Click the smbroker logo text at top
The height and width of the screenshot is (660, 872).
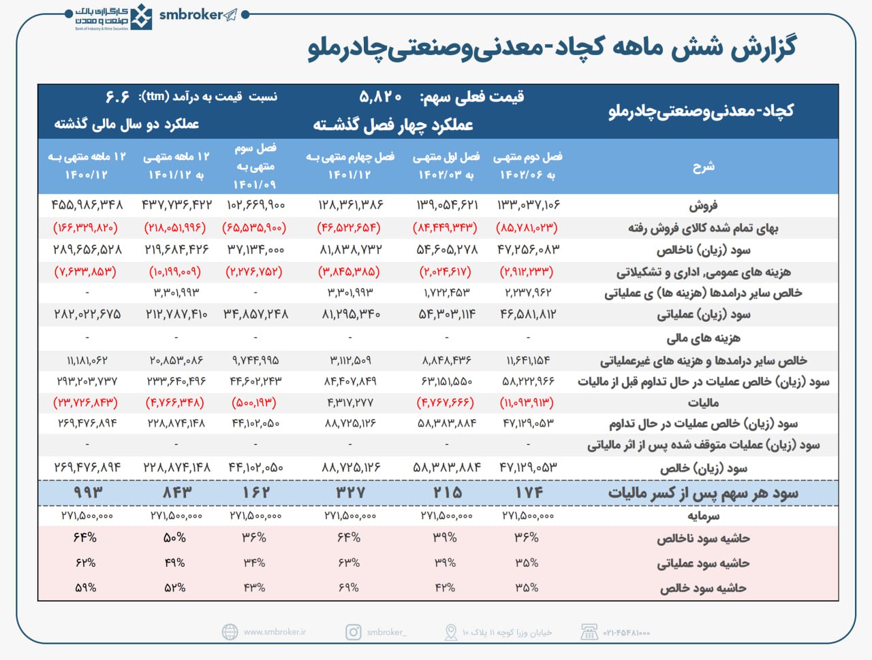[x=191, y=14]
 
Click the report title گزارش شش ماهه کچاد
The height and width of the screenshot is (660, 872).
[x=552, y=48]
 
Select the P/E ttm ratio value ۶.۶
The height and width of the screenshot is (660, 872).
[x=117, y=97]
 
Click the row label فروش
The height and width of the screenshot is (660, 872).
[x=703, y=205]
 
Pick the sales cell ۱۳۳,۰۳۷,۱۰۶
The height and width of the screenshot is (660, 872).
[x=528, y=205]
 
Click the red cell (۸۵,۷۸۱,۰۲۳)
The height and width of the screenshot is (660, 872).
[x=527, y=227]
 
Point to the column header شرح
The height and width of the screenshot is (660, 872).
[x=703, y=166]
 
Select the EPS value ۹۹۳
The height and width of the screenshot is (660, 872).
[x=88, y=492]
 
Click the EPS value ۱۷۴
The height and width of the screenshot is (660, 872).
[x=529, y=492]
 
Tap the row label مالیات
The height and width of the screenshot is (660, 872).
[x=703, y=403]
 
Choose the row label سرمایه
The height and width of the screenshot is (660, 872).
[x=703, y=516]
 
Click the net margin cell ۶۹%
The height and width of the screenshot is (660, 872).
[x=349, y=587]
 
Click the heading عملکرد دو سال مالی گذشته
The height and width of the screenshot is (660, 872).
[x=127, y=125]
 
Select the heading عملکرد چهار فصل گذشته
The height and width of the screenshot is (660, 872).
[x=393, y=125]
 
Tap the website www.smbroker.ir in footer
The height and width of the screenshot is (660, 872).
[x=275, y=632]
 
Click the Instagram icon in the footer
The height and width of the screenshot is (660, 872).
[x=354, y=632]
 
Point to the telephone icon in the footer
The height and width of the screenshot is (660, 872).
[x=589, y=632]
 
